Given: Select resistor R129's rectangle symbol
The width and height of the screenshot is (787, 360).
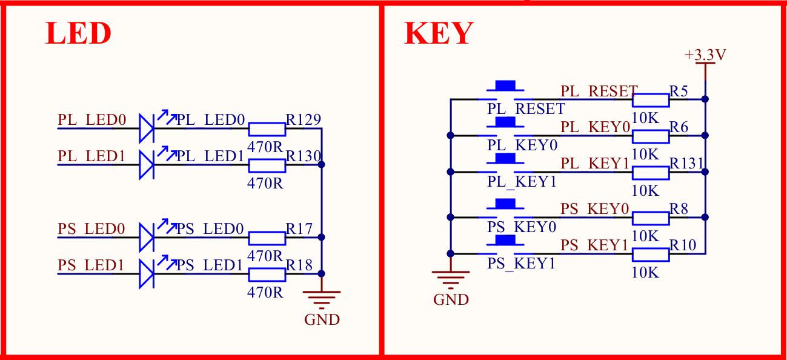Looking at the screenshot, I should (267, 128).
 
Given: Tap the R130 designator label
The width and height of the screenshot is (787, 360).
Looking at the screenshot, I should (304, 156).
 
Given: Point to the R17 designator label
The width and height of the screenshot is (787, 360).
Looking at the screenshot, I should (299, 229).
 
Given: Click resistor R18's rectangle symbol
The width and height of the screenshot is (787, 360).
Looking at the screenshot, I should (267, 275).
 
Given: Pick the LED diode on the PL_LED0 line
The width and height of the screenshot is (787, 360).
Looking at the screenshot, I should (146, 128).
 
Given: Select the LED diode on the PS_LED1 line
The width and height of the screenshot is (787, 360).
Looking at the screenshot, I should (146, 274).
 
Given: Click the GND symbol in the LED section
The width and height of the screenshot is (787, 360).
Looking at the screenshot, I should (322, 297).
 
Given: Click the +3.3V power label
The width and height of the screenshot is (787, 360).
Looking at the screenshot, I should (705, 55).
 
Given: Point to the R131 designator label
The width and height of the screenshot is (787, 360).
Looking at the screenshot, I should (686, 164).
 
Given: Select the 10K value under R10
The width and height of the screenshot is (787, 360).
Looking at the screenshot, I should (645, 272).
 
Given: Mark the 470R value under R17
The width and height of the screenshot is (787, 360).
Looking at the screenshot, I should (265, 255).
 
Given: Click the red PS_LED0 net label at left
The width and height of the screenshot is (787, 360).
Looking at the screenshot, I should (91, 229).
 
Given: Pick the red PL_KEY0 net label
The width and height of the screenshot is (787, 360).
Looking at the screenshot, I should (596, 128).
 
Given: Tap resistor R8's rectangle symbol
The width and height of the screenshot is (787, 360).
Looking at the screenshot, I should (651, 217).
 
